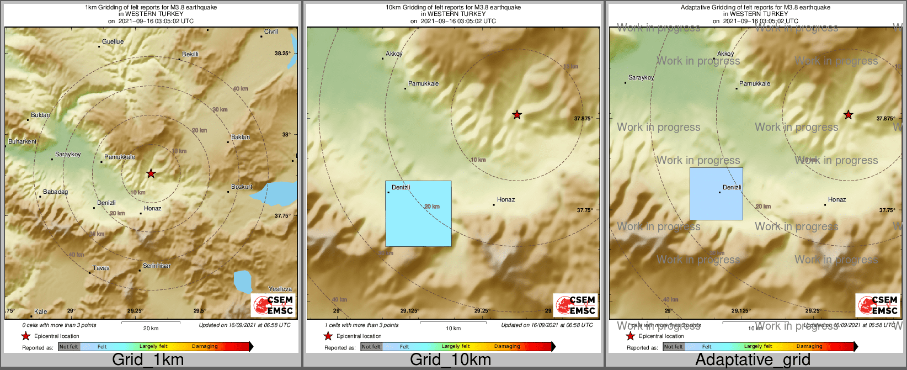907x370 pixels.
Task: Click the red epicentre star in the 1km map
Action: [x=151, y=173]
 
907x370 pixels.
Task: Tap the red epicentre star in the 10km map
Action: [x=517, y=115]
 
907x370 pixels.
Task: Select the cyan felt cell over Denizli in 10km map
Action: [x=418, y=214]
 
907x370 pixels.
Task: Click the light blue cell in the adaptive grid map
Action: [x=716, y=194]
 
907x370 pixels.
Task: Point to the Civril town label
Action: [x=271, y=32]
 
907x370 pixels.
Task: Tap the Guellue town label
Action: [x=113, y=42]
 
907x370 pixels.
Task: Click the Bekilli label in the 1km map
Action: [x=190, y=55]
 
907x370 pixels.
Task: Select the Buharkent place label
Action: [x=23, y=142]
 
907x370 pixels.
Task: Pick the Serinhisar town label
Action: [x=157, y=266]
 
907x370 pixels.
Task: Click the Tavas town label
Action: [x=101, y=268]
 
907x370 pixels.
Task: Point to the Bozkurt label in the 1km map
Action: [x=242, y=187]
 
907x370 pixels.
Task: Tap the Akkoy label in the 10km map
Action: [x=394, y=54]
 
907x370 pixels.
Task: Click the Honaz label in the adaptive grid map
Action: [x=837, y=200]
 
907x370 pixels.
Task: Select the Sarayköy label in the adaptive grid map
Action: [x=641, y=78]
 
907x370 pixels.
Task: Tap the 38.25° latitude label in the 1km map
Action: [x=282, y=54]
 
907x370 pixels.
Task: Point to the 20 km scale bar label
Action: [x=151, y=329]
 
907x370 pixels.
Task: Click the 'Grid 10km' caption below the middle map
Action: [x=450, y=360]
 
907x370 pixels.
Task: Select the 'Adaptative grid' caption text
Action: [x=753, y=360]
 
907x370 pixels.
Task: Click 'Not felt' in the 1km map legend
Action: [x=69, y=347]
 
